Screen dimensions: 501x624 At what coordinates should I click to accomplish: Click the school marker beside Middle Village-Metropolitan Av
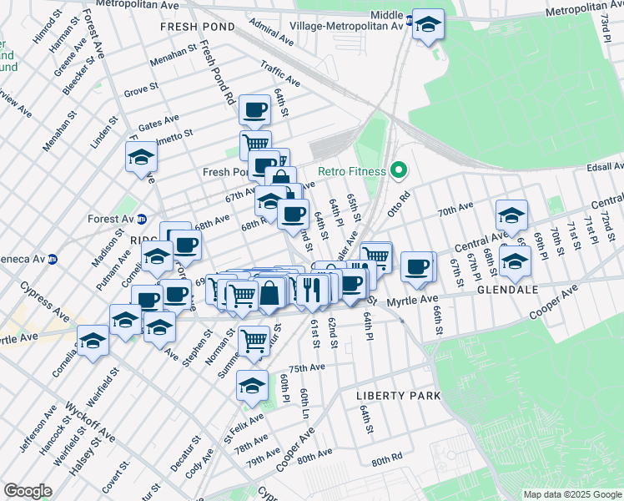tap(428, 25)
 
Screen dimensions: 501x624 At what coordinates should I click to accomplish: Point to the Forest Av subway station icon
tap(142, 220)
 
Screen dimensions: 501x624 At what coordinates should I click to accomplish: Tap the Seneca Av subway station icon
tap(52, 260)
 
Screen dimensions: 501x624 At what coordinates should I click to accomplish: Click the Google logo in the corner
tap(28, 490)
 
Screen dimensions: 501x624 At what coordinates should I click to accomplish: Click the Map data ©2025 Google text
tap(571, 494)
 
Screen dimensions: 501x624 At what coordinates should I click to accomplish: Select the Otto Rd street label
tap(405, 203)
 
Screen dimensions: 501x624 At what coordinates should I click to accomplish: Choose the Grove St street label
tap(141, 89)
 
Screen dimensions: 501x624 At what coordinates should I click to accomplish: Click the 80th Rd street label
tap(388, 461)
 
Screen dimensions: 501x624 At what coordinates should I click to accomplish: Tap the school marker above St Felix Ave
tap(252, 385)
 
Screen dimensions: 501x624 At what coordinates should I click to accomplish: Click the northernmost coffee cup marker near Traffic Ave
tap(254, 109)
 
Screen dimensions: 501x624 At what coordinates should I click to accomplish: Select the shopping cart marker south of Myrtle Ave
tap(254, 340)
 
